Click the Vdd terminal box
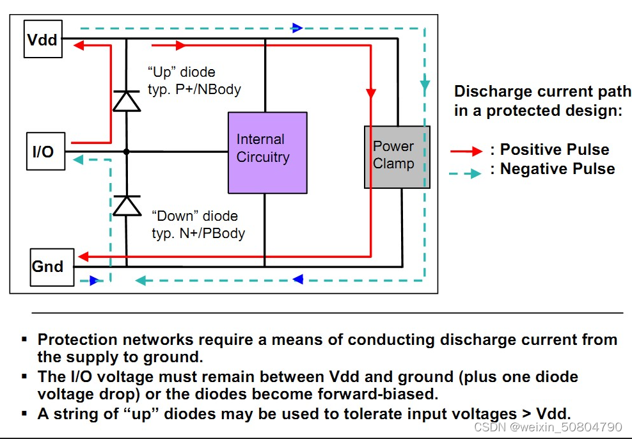point(43,39)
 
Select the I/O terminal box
point(45,151)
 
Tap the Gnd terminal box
point(52,267)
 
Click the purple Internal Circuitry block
point(267,153)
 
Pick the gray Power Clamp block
point(397,157)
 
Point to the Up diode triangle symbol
point(127,100)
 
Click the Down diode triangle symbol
point(127,205)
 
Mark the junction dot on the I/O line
point(126,152)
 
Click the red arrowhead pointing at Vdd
point(79,45)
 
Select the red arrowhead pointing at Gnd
point(83,257)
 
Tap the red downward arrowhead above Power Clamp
point(371,93)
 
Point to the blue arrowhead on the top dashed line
point(297,28)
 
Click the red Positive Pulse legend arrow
point(466,151)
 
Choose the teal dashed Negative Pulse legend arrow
point(466,173)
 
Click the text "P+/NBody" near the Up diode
point(209,89)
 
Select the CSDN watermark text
point(548,427)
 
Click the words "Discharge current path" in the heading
point(542,92)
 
